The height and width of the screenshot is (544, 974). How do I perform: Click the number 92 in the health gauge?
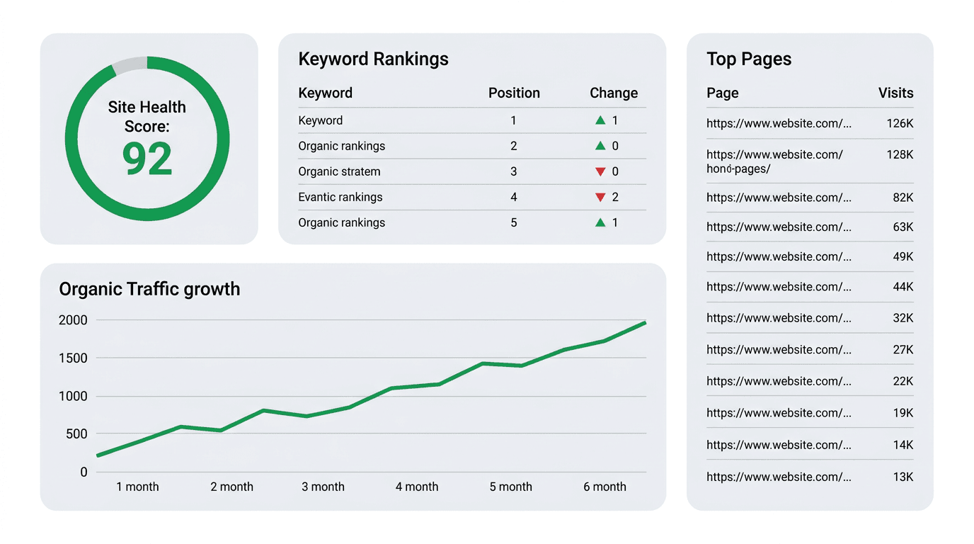pyautogui.click(x=147, y=159)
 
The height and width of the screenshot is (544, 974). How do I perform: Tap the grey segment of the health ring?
pyautogui.click(x=130, y=64)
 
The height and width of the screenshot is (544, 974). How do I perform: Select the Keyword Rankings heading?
pyautogui.click(x=373, y=59)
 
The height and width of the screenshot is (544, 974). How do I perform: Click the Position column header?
pyautogui.click(x=514, y=93)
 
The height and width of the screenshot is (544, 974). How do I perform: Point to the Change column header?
pyautogui.click(x=614, y=93)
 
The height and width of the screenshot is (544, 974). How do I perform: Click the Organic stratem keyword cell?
pyautogui.click(x=339, y=171)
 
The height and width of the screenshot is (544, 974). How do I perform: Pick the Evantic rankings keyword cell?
pyautogui.click(x=340, y=197)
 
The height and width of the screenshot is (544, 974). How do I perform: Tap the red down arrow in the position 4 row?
pyautogui.click(x=600, y=198)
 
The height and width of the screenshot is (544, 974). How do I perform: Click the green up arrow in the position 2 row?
pyautogui.click(x=600, y=146)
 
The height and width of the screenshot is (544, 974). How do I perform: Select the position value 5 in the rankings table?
pyautogui.click(x=514, y=222)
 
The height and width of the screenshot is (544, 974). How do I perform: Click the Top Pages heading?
pyautogui.click(x=749, y=59)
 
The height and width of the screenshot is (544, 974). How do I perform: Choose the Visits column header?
pyautogui.click(x=895, y=93)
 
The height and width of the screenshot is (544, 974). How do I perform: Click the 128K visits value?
pyautogui.click(x=900, y=154)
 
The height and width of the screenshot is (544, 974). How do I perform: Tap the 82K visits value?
pyautogui.click(x=903, y=198)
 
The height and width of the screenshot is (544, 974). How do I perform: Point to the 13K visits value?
pyautogui.click(x=903, y=477)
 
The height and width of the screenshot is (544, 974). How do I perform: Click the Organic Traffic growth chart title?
pyautogui.click(x=149, y=289)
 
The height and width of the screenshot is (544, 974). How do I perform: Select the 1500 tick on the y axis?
pyautogui.click(x=73, y=358)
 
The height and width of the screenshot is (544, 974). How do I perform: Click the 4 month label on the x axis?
pyautogui.click(x=417, y=487)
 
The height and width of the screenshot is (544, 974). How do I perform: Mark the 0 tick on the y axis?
pyautogui.click(x=84, y=472)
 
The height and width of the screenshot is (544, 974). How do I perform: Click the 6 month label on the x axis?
pyautogui.click(x=605, y=487)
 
